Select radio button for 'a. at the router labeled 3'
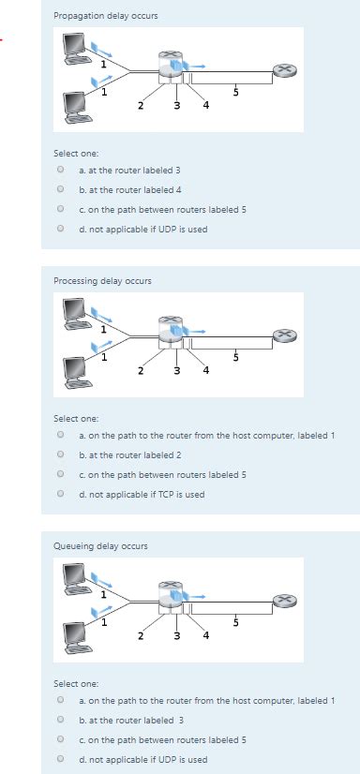pos(60,171)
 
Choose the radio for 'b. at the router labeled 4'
pos(60,189)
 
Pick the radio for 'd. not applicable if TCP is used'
pos(60,494)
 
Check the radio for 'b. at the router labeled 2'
pos(60,454)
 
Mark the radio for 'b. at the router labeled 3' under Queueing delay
pos(60,720)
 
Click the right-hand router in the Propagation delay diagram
pos(283,70)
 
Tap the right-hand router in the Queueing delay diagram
pos(283,601)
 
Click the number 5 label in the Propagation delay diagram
pos(236,92)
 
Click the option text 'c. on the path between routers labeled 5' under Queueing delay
pos(162,739)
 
